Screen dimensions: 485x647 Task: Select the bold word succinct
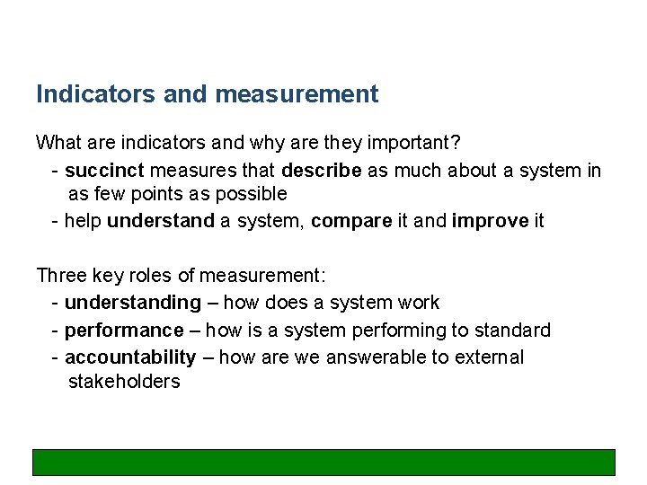(x=104, y=170)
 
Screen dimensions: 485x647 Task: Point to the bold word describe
(x=322, y=170)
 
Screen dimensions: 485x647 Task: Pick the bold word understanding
(x=133, y=303)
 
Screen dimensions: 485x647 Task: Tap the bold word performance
(x=124, y=331)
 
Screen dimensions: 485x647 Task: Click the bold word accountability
(x=130, y=357)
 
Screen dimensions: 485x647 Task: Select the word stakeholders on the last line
(x=124, y=382)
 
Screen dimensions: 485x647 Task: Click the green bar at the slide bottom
(x=323, y=462)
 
